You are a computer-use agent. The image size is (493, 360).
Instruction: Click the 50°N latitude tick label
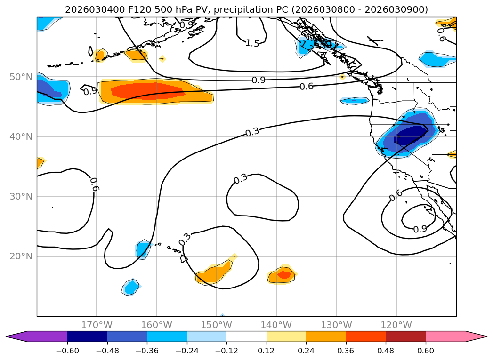coord(21,77)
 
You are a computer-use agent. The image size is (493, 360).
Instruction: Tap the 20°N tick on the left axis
coord(21,256)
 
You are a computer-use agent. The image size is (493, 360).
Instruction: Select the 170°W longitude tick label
coord(97,325)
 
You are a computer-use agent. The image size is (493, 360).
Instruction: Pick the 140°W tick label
coord(276,325)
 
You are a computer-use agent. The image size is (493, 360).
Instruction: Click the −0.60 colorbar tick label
coord(67,351)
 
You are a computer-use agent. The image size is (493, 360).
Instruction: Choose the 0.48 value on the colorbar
coord(386,351)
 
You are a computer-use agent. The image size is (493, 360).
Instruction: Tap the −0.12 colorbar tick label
coord(226,351)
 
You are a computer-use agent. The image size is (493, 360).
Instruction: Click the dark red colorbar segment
coord(405,336)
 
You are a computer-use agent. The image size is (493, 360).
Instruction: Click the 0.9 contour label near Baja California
coord(420,229)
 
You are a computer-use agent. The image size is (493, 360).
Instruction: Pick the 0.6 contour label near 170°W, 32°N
coord(94,184)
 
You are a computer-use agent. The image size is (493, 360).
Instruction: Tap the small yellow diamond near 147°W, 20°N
coord(234,256)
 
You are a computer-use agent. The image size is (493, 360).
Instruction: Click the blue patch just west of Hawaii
coord(143,249)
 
